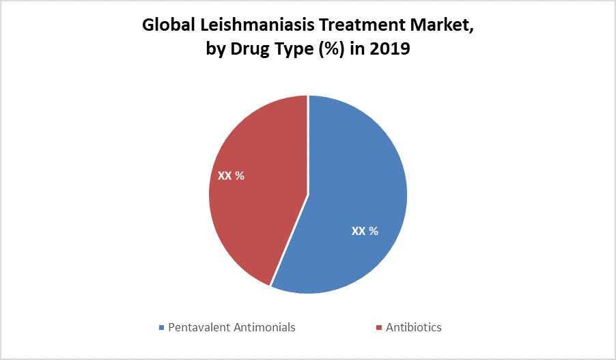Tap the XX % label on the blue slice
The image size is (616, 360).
click(365, 231)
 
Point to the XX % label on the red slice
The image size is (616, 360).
click(231, 176)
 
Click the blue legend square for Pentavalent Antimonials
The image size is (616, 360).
click(161, 328)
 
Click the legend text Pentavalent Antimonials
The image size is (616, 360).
click(232, 327)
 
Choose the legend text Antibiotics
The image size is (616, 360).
click(414, 327)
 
